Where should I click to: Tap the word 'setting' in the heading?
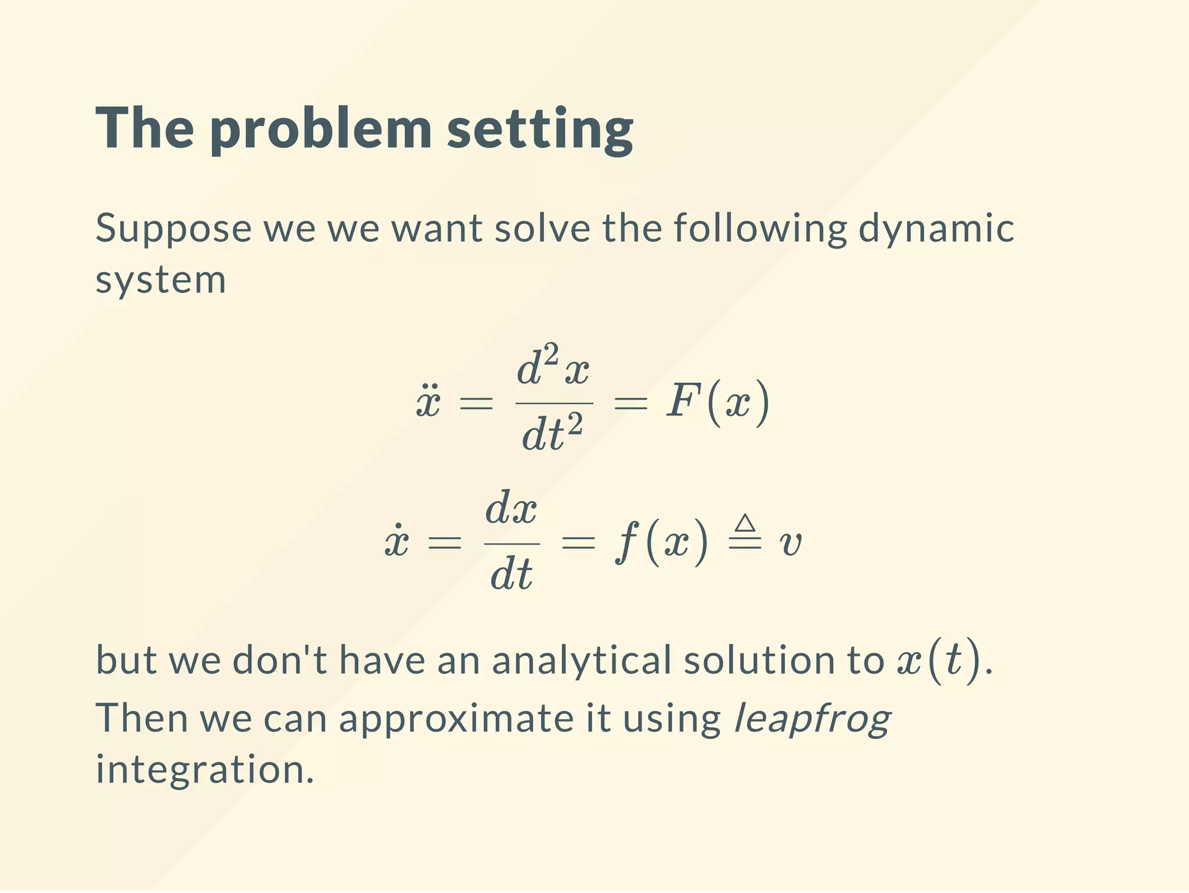coord(540,129)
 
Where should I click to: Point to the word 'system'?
coord(160,281)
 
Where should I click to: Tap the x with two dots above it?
coord(428,401)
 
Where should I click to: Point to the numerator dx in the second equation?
coord(511,509)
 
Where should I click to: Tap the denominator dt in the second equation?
coord(511,574)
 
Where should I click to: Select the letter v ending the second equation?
coord(790,543)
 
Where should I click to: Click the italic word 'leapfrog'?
coord(812,719)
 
